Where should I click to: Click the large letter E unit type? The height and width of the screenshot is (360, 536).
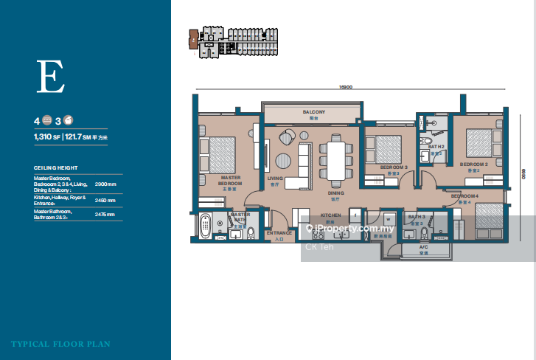[52, 76]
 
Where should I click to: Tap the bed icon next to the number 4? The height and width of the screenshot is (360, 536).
[46, 120]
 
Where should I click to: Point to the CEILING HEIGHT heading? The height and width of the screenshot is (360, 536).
[56, 167]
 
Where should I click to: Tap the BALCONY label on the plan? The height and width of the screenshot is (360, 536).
[313, 112]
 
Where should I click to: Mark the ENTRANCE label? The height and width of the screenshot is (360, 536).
[279, 235]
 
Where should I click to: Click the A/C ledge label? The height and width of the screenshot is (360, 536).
[423, 247]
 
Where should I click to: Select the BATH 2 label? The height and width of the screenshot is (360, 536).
[436, 148]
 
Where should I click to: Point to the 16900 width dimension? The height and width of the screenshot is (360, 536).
[347, 87]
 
